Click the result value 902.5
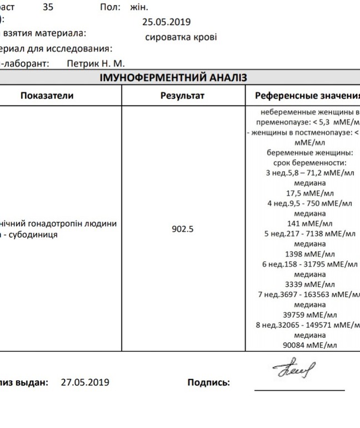[182, 228]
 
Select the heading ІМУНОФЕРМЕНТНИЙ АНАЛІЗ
[173, 78]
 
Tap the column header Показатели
[47, 96]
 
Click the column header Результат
[182, 96]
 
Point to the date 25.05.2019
[167, 22]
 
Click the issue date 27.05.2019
[85, 382]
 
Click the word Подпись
[208, 382]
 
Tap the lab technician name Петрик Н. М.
[96, 64]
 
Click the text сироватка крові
[181, 37]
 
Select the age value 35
[48, 8]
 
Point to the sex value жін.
[139, 8]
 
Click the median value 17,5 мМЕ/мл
[309, 193]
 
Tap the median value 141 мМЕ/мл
[309, 223]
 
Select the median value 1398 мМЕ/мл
[309, 254]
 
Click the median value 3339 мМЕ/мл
[309, 284]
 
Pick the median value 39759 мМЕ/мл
[309, 315]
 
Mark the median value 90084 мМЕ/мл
[309, 345]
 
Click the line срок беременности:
[309, 162]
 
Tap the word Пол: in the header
[109, 8]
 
